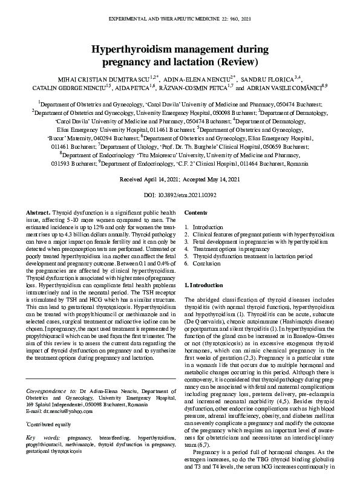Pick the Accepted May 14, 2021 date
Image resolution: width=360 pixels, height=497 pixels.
coord(209,180)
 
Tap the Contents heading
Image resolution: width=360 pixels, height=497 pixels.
coord(195,213)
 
